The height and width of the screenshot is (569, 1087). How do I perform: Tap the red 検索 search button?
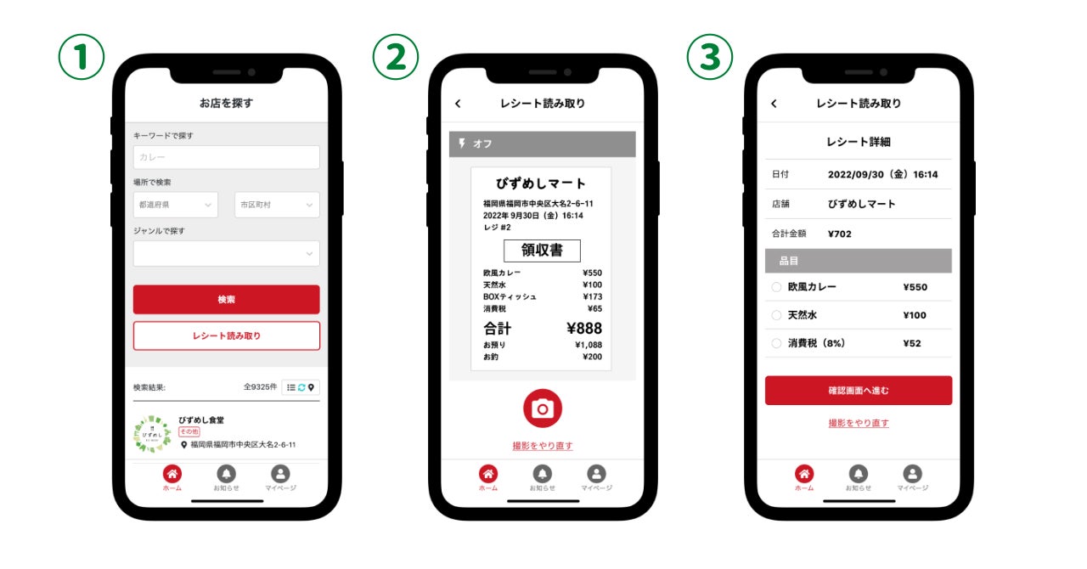coord(226,299)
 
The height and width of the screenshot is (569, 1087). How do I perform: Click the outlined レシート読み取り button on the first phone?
coord(226,335)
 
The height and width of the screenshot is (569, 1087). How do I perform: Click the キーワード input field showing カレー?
coord(226,157)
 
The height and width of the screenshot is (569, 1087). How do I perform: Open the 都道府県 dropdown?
coord(176,205)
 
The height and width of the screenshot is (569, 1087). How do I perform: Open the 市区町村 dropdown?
coord(277,205)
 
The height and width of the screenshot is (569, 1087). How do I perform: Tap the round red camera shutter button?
coord(543,408)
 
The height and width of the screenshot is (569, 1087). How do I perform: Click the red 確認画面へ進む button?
coord(859,391)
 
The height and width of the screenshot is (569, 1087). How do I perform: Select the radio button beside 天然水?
coord(776,315)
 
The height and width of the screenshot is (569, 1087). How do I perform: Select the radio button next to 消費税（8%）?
coord(776,343)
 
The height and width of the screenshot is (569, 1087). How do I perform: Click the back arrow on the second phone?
coord(458,104)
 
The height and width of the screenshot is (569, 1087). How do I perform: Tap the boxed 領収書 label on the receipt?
coord(542,251)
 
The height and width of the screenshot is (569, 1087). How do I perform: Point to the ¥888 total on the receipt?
coord(584,328)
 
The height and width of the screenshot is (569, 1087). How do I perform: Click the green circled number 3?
coord(709,57)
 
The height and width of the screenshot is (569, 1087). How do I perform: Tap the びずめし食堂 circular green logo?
coord(152,434)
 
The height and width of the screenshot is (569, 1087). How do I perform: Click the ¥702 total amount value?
coord(840,234)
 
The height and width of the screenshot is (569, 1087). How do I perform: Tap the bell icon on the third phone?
coord(859,474)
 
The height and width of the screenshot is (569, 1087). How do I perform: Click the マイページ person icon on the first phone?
coord(280,474)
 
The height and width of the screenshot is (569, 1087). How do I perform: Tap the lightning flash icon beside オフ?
coord(462,144)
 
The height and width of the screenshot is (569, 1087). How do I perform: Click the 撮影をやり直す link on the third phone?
coord(859,423)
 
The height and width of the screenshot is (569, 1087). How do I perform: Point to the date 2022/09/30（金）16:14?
coord(882,174)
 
